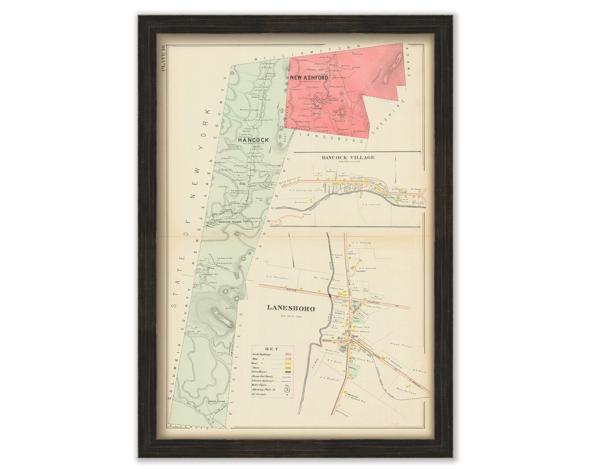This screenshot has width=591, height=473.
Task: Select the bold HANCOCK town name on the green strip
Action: point(253,140)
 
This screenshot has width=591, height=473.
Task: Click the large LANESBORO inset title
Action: point(291,308)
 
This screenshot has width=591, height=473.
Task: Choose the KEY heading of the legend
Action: point(271,349)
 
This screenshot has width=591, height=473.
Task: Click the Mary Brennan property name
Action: point(403,391)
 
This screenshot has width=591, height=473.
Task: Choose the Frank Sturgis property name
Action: point(400,346)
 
